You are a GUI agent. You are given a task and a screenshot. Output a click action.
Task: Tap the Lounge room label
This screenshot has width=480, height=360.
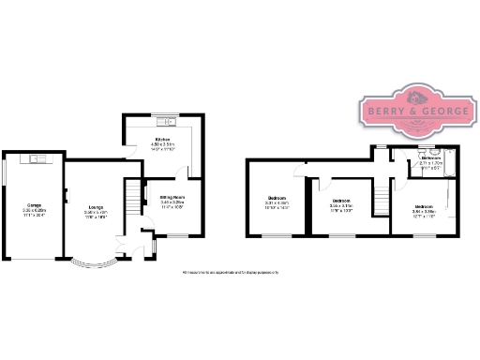point(96,207)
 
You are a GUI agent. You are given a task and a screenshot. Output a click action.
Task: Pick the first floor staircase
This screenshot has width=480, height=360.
point(381,198)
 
